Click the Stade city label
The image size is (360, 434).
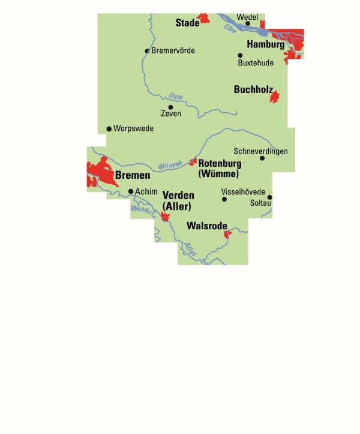[187, 23]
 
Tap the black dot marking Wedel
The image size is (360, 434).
[247, 24]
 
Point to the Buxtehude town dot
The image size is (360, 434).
[240, 55]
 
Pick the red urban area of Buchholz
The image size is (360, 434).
[275, 96]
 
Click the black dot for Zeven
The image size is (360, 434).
[170, 107]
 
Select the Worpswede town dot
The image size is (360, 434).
[109, 128]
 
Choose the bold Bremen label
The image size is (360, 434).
[132, 176]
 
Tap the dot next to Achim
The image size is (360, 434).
[131, 191]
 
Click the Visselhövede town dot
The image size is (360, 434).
[224, 199]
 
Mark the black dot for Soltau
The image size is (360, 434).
[270, 197]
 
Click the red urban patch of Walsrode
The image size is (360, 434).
[227, 234]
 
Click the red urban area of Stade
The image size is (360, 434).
[205, 19]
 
